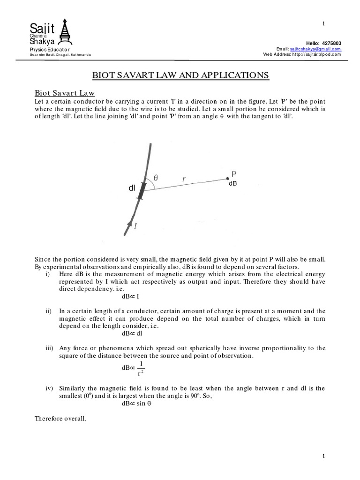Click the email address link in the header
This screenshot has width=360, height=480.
[x=315, y=49]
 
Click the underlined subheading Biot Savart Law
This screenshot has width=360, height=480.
[x=65, y=94]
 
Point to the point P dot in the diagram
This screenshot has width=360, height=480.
[x=228, y=178]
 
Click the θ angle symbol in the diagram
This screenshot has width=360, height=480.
[x=156, y=178]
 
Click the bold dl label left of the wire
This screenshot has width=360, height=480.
[x=132, y=188]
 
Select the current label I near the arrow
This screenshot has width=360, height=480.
[x=136, y=226]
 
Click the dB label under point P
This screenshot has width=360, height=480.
[x=232, y=184]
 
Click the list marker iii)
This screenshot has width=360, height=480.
[x=50, y=348]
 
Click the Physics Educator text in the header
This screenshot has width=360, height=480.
[x=50, y=49]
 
